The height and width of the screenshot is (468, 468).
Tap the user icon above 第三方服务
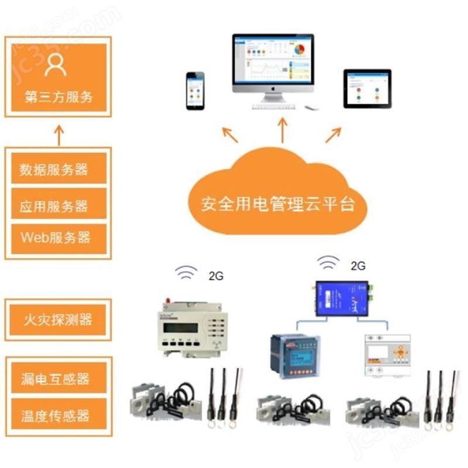pyautogui.click(x=56, y=65)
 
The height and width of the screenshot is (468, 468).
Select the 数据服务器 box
pyautogui.click(x=58, y=169)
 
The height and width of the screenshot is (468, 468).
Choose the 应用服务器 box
pyautogui.click(x=58, y=205)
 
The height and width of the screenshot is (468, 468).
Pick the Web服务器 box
pyautogui.click(x=58, y=238)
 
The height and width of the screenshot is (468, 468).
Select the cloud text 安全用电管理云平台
pyautogui.click(x=278, y=205)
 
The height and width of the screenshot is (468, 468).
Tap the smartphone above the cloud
pyautogui.click(x=195, y=90)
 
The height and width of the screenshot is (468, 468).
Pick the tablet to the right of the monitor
pyautogui.click(x=367, y=88)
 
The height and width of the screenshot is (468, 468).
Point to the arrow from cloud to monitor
pyautogui.click(x=283, y=130)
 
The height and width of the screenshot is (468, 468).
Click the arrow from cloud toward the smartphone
pyautogui.click(x=230, y=135)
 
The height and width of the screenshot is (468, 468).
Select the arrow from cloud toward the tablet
pyautogui.click(x=333, y=135)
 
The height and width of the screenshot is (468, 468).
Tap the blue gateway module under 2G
pyautogui.click(x=342, y=298)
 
